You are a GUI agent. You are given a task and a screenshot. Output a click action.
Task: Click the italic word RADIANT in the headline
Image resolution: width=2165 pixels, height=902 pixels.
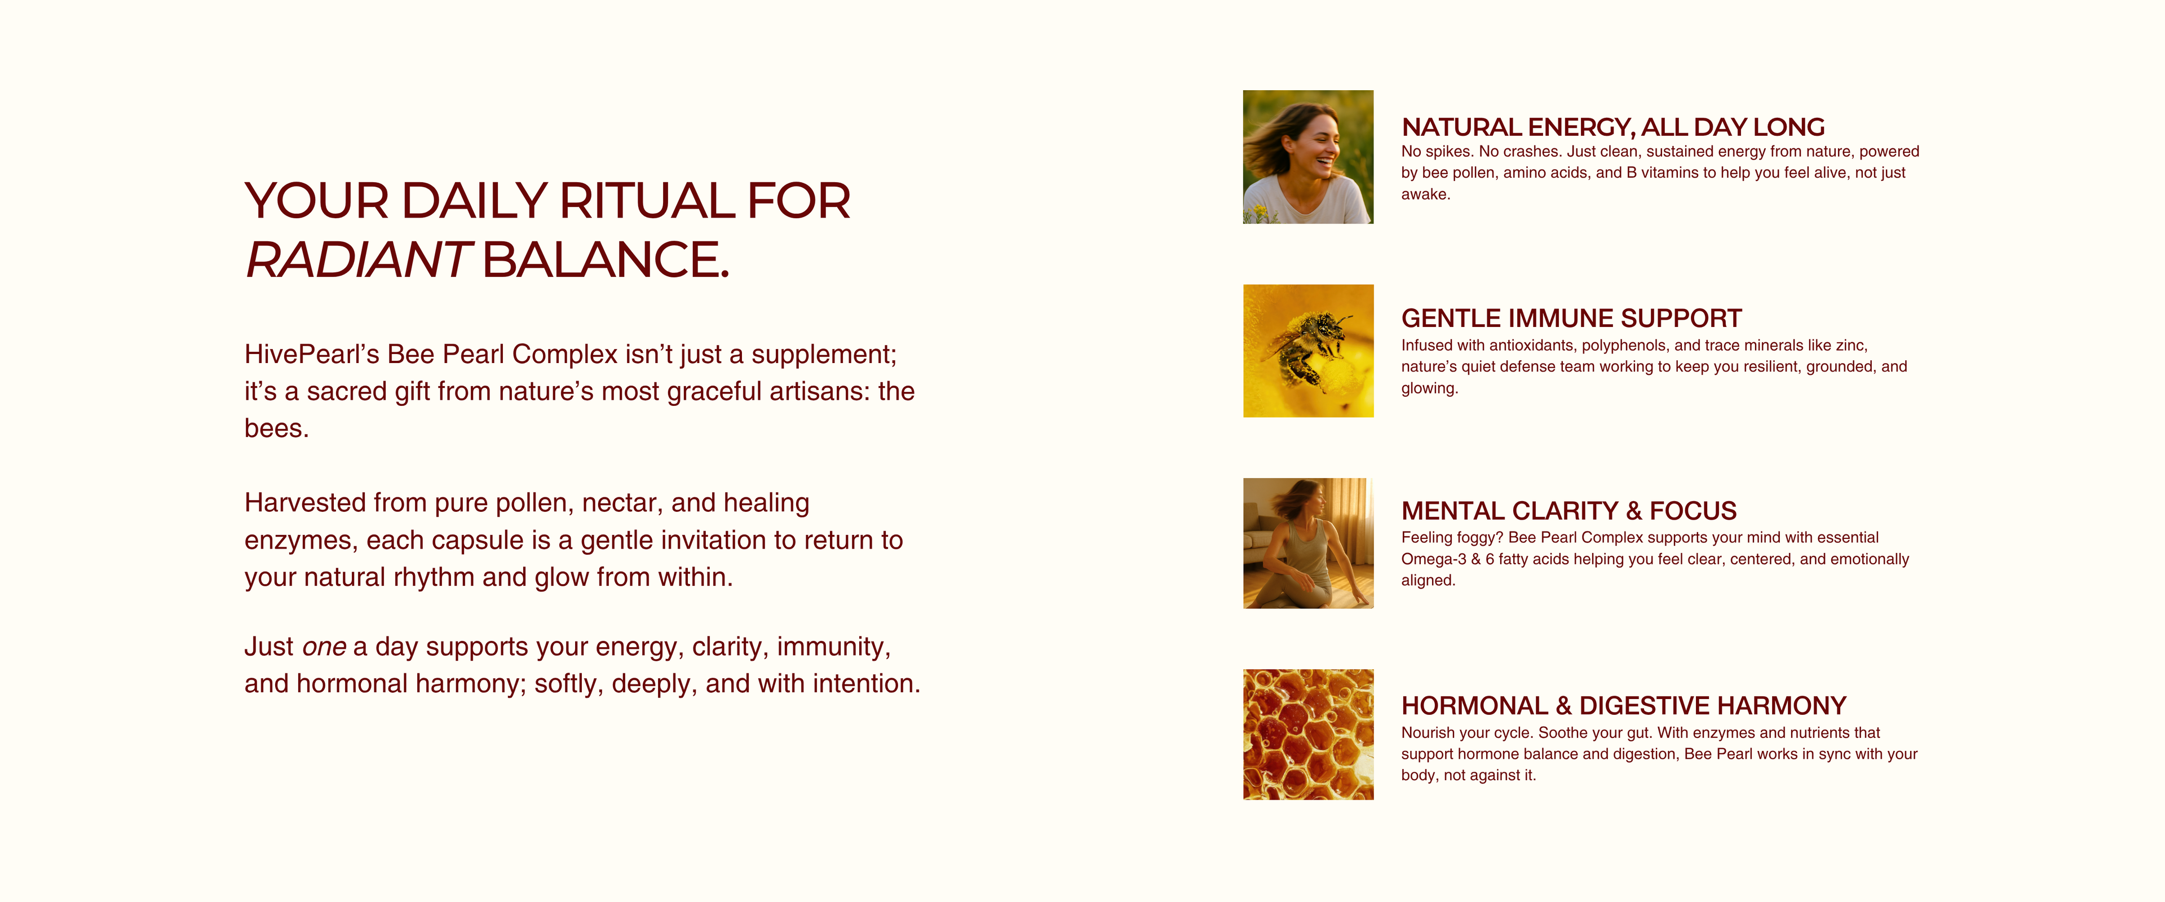tap(357, 260)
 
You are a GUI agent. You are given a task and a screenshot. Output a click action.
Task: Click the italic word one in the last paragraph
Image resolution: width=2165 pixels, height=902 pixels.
tap(324, 647)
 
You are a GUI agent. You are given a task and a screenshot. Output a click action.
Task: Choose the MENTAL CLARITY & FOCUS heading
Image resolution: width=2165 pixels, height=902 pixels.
tap(1568, 511)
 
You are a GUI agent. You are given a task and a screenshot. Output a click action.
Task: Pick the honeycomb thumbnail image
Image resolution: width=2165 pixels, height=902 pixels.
tap(1309, 735)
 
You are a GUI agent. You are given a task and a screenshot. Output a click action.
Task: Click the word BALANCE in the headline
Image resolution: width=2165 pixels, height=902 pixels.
tap(605, 260)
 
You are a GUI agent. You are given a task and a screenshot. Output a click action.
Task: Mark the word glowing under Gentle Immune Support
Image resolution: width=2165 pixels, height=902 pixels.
tap(1428, 388)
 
